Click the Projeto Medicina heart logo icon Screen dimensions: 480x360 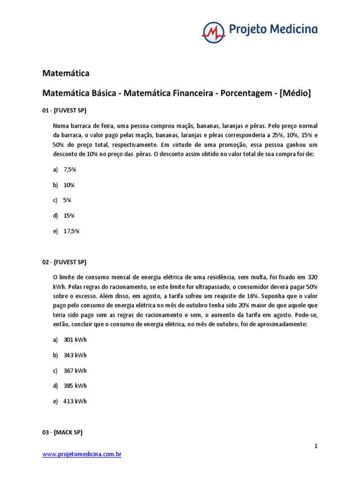(213, 31)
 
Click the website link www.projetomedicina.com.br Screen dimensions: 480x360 (82, 454)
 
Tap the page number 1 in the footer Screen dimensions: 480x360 (316, 446)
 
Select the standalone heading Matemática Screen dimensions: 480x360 (66, 73)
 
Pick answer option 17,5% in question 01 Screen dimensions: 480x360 (71, 231)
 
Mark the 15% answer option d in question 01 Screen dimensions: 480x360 (69, 215)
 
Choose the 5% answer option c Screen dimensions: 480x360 (67, 200)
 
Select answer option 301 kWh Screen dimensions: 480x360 (75, 340)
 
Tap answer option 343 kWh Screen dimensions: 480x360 (75, 355)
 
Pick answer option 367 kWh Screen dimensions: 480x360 (75, 370)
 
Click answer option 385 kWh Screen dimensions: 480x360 (75, 386)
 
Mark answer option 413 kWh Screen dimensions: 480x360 (75, 401)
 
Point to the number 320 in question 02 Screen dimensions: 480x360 (312, 277)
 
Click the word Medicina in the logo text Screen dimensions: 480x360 (294, 30)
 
